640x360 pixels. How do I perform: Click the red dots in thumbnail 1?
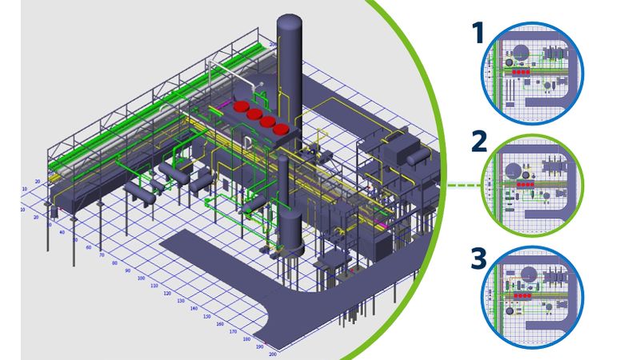(x=521, y=70)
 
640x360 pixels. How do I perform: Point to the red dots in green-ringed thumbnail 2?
(x=525, y=184)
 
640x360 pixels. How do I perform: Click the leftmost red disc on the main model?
(x=240, y=105)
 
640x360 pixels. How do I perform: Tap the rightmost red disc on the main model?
(x=280, y=129)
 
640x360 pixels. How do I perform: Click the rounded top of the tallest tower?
(x=290, y=21)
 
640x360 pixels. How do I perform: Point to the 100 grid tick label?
(x=141, y=278)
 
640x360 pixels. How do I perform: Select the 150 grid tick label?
(x=206, y=315)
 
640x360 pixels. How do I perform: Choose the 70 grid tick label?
(x=101, y=255)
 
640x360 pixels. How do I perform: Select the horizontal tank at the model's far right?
(x=417, y=158)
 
